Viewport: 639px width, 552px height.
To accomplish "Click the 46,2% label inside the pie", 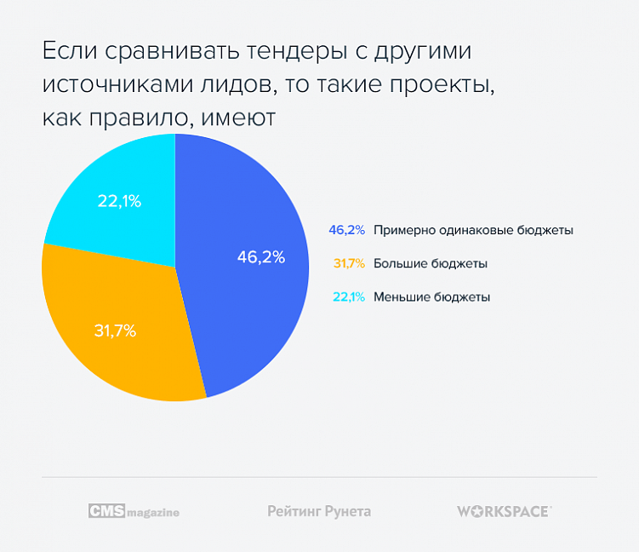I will coord(260,256).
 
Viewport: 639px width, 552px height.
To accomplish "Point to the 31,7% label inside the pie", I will coord(113,331).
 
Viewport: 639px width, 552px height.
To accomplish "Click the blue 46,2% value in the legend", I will coord(346,230).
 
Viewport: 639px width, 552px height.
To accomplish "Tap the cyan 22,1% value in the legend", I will coord(347,297).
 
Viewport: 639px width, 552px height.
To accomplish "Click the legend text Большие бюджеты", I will coord(430,264).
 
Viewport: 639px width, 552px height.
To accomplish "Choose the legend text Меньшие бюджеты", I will coord(431,297).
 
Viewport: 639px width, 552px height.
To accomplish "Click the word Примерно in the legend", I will coord(402,230).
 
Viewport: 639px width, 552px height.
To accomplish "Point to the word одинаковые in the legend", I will coord(475,230).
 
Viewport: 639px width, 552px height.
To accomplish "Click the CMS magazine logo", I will coord(134,511).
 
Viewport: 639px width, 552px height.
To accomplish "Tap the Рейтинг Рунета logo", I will coord(319,511).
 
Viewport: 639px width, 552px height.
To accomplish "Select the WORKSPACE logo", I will coord(504,511).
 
